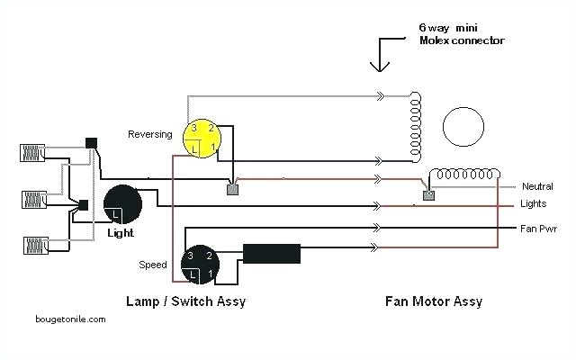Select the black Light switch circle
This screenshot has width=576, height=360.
tap(122, 205)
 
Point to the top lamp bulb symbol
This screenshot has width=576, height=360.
tap(31, 151)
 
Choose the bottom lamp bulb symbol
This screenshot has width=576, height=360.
tap(31, 244)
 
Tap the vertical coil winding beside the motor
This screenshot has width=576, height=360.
tap(416, 126)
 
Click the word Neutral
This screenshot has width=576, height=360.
tap(537, 186)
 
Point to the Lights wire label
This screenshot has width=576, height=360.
tap(534, 205)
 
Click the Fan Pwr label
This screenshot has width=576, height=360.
tap(537, 229)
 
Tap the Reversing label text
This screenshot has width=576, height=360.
tap(151, 134)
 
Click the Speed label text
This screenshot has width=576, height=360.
tap(152, 265)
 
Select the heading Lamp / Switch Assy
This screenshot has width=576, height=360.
tap(187, 301)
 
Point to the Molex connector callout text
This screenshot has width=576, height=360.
tap(461, 34)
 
